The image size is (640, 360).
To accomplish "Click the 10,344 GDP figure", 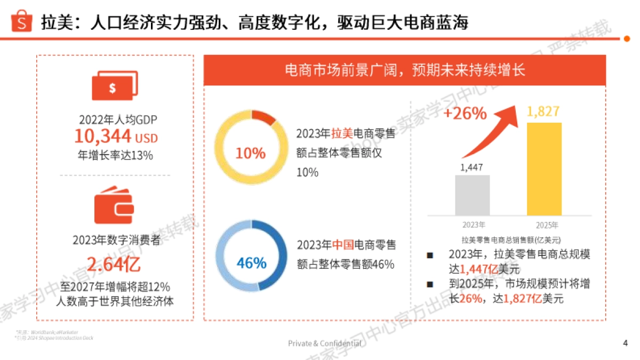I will [102, 137].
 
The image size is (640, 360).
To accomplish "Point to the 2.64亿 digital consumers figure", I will [114, 265].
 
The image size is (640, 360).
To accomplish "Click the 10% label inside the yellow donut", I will [250, 154].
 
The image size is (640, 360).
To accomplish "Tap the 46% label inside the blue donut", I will [251, 263].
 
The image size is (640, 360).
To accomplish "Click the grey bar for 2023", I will [472, 195].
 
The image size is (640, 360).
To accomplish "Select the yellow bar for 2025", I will [543, 169].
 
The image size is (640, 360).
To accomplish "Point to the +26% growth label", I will [465, 114].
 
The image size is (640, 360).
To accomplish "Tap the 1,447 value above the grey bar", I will [471, 167].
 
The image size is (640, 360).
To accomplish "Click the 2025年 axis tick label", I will [547, 225].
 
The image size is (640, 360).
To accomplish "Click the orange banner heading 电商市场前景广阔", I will [405, 70].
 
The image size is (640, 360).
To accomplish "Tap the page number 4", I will [625, 343].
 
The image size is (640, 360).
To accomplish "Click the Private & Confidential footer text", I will [324, 343].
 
